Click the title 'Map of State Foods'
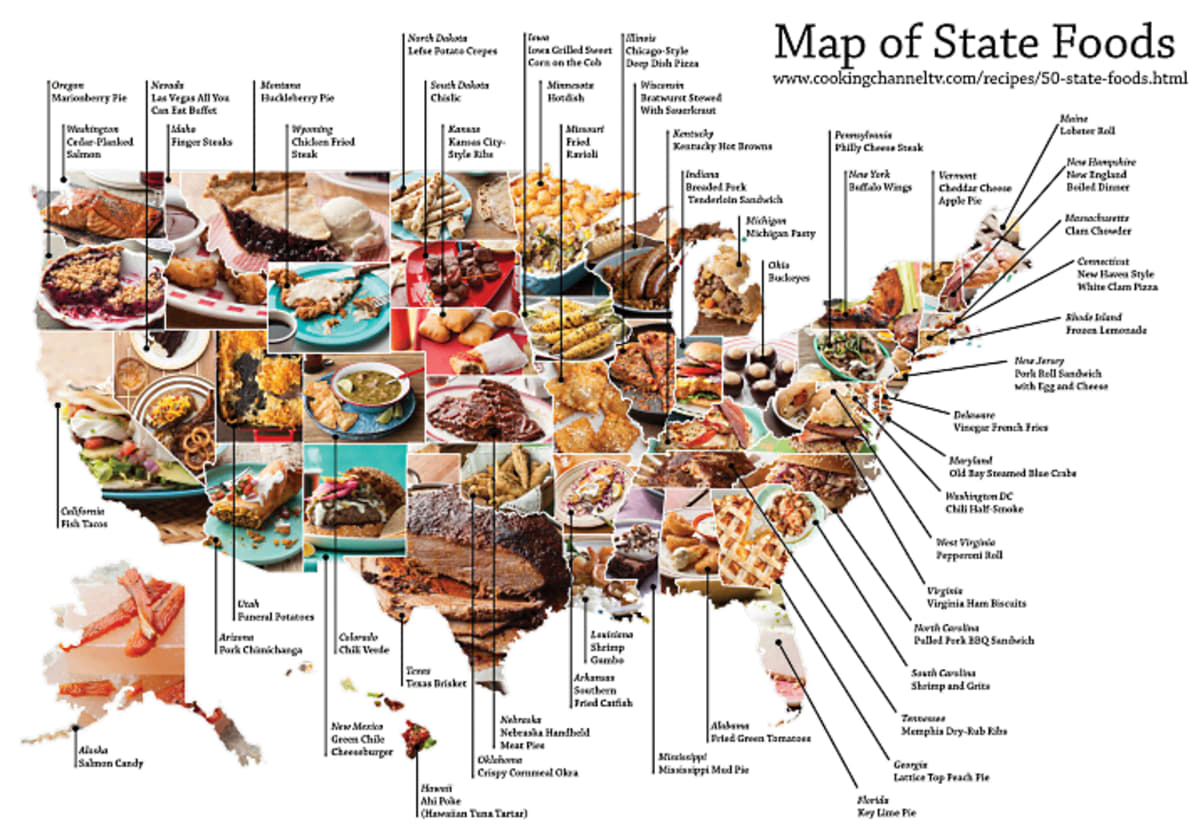click(974, 43)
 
